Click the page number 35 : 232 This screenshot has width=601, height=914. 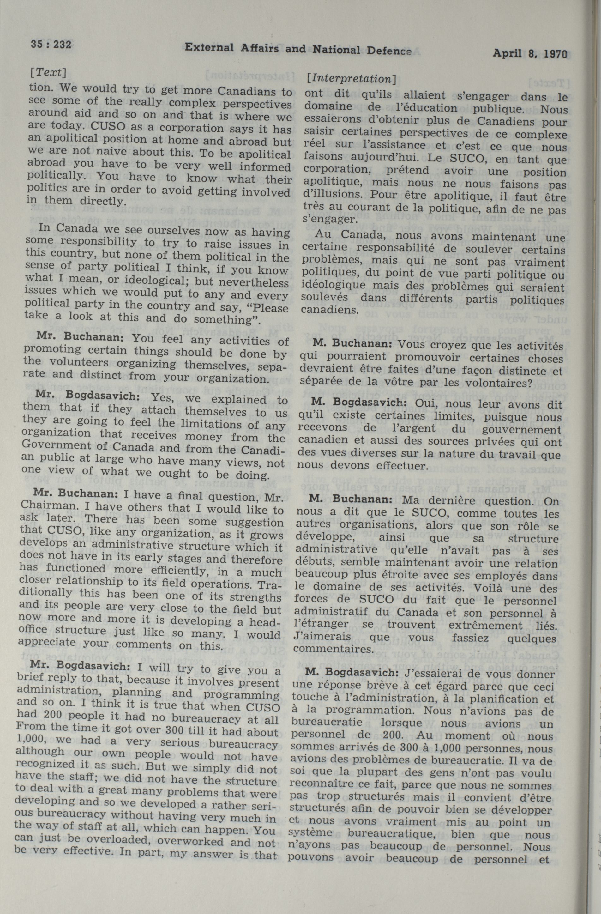tap(51, 45)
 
